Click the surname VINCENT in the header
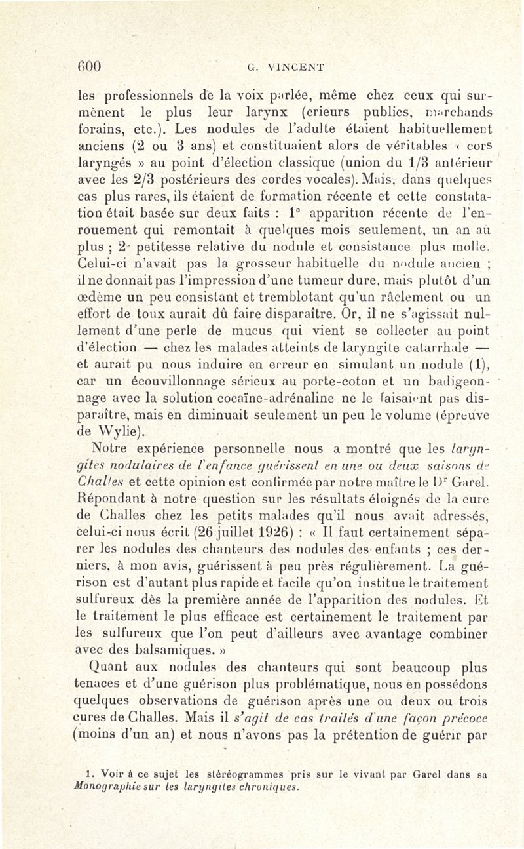coord(286,66)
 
